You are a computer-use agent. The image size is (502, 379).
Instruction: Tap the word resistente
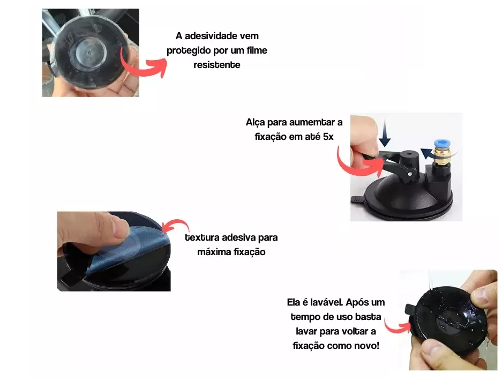click(x=216, y=65)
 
